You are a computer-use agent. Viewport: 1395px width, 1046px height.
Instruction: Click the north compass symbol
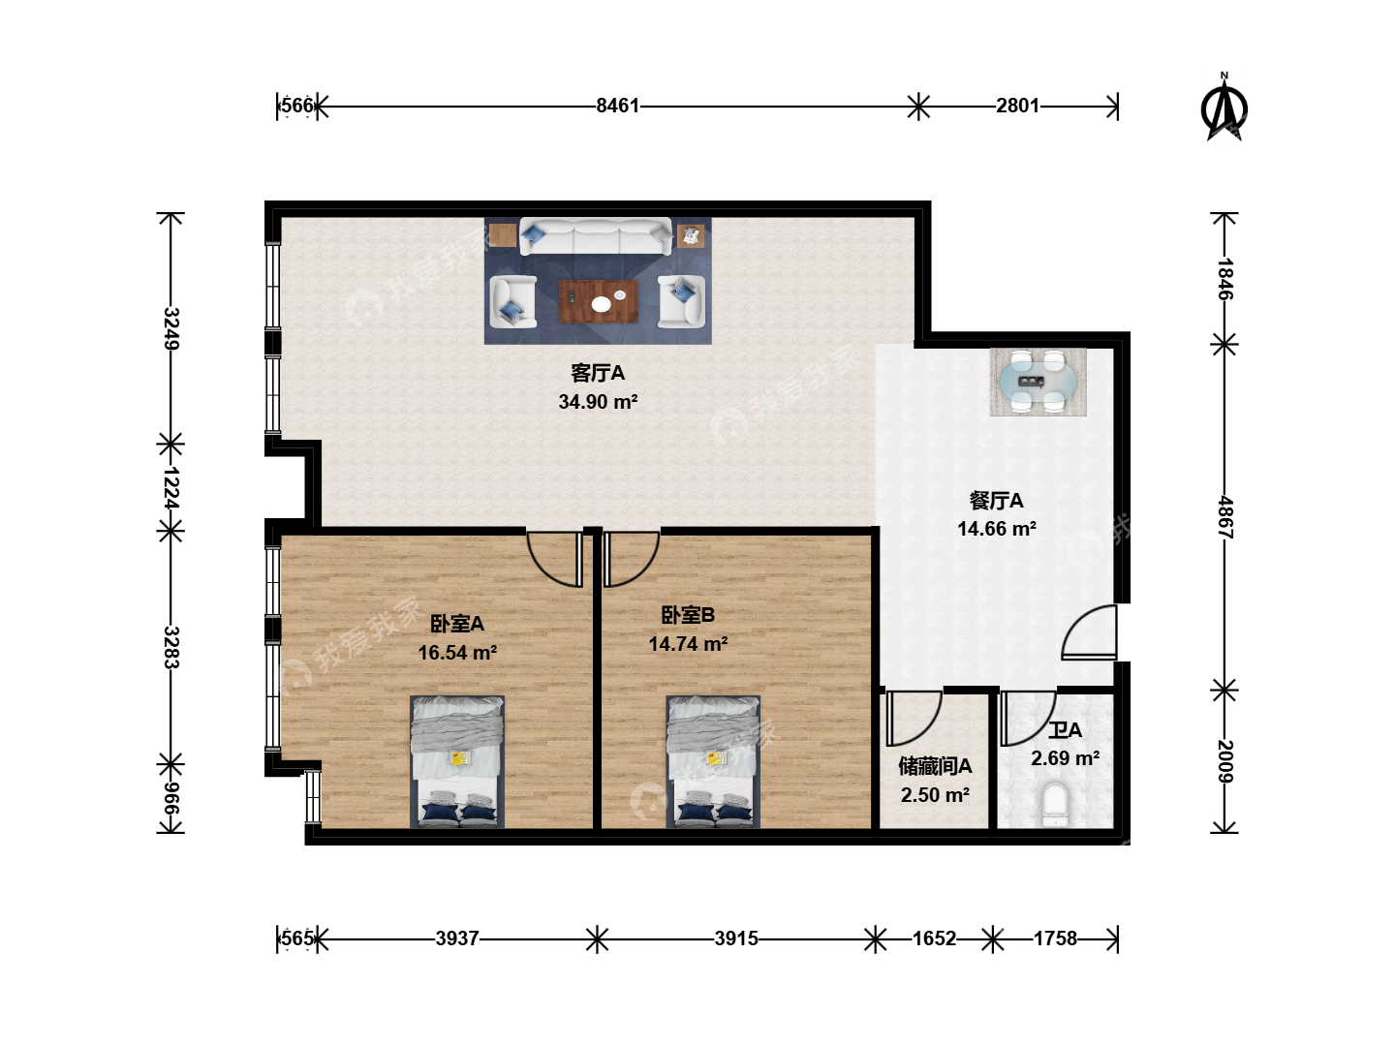(1224, 108)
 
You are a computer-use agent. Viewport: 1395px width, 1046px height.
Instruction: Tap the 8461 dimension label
(617, 106)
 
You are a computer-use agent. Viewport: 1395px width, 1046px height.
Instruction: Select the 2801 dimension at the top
(1017, 106)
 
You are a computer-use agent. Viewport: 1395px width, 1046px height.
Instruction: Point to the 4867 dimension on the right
(1224, 517)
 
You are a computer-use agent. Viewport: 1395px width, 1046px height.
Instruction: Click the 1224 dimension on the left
(170, 487)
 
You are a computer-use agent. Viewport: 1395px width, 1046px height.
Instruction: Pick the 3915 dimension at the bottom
(736, 938)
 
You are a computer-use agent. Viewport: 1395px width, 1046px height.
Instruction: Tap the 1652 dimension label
(934, 938)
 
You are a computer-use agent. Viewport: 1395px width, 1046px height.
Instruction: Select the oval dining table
(1038, 382)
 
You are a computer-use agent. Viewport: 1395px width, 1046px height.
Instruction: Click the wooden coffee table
(598, 301)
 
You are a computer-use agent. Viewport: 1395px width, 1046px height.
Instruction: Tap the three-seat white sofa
(596, 236)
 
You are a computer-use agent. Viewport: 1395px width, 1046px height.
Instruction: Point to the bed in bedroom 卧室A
(457, 761)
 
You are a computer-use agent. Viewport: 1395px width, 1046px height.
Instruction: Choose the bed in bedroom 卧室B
(712, 761)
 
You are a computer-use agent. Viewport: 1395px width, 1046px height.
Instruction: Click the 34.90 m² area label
(598, 401)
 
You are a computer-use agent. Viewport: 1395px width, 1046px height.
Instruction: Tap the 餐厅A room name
(996, 501)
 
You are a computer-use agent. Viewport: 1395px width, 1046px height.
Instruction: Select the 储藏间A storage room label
(935, 766)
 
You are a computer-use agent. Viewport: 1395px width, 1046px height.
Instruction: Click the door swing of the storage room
(914, 719)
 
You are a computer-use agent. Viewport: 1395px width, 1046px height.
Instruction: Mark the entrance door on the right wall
(1089, 631)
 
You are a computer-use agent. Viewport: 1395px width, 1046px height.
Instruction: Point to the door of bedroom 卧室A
(554, 559)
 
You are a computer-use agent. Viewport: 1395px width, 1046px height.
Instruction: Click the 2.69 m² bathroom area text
(1066, 757)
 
